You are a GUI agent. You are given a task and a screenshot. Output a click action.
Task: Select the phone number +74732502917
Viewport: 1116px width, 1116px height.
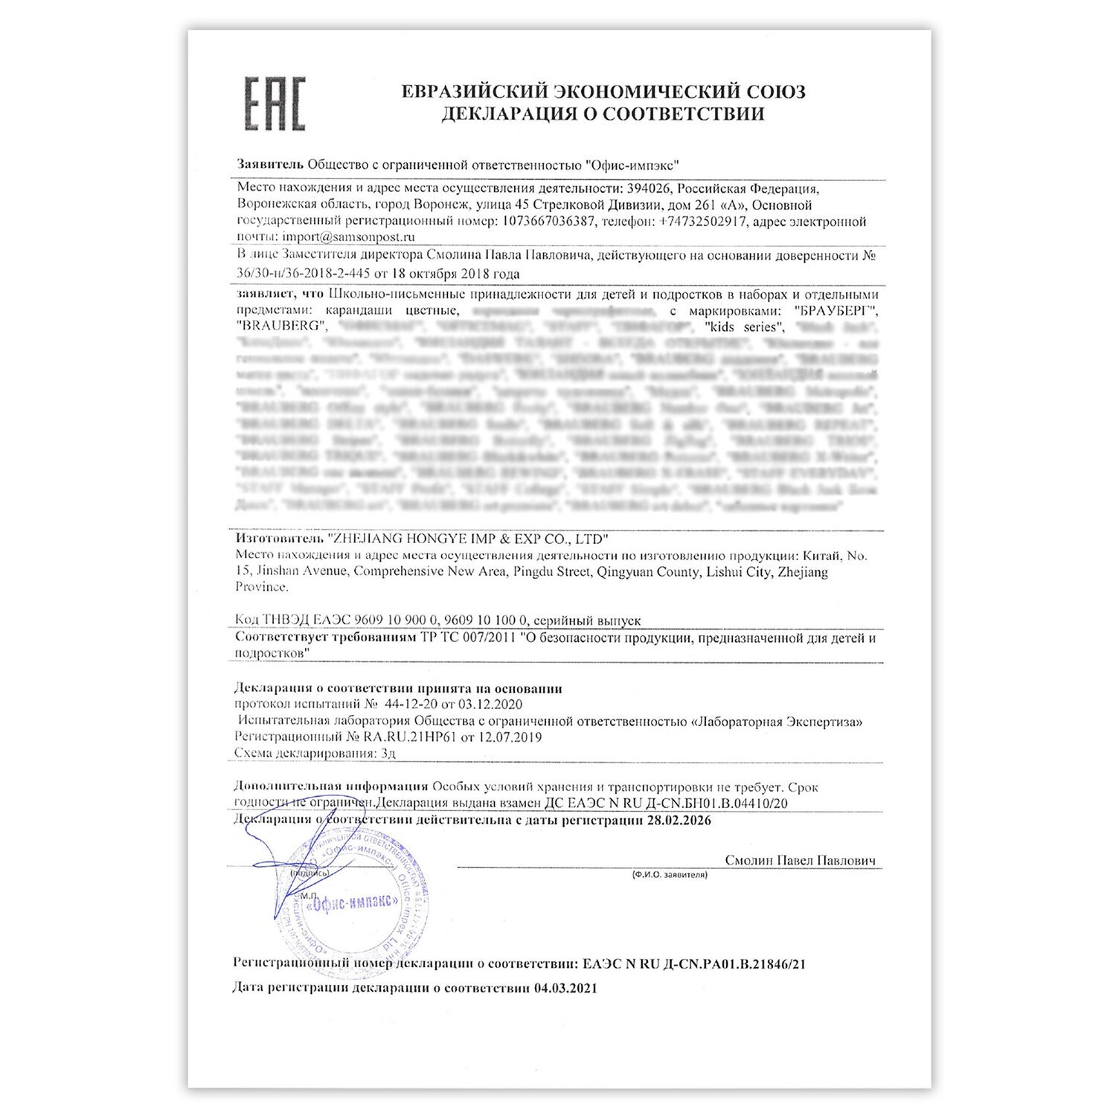coord(705,221)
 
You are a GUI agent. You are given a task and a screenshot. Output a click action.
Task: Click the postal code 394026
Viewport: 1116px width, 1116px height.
coord(650,188)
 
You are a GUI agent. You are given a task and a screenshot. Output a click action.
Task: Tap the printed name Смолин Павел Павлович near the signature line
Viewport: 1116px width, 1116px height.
coord(800,861)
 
